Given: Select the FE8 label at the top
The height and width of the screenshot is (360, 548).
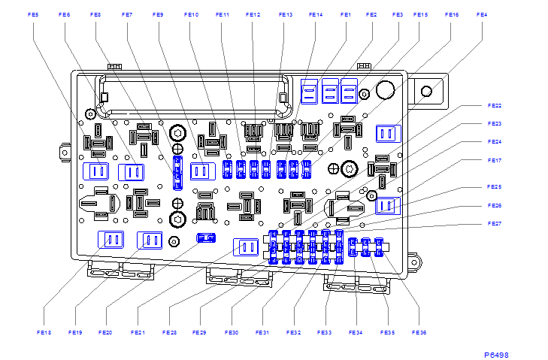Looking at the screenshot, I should coord(95,14).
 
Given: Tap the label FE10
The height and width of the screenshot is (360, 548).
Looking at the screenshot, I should coord(191,14).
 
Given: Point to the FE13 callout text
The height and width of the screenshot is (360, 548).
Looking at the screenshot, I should coord(285,14).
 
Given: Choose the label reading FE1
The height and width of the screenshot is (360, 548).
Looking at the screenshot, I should coord(345,14).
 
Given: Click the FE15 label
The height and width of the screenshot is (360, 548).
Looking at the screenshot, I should coord(420,14).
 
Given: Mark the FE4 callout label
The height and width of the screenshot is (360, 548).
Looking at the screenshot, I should coord(481,14).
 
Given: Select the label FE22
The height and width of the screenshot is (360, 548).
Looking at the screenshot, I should coord(494,105).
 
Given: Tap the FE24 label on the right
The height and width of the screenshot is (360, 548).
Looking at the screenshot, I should coord(494,141).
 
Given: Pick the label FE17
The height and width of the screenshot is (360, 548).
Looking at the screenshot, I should coord(494,160).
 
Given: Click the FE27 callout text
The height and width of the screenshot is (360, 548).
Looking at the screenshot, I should coord(494,224).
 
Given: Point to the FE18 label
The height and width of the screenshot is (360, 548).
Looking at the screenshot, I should coord(43,332).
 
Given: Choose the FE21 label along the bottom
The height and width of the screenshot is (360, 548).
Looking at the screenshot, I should coord(137,332).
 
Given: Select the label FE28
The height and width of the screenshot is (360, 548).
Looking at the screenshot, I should coord(168,332).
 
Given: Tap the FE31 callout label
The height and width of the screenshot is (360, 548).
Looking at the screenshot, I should coord(262,332).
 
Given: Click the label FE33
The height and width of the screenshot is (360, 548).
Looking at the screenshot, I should coord(324,332).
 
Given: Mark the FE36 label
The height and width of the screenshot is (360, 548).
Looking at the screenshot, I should coord(419,332).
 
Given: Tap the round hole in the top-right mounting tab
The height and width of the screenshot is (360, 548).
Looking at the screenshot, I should coord(427,92).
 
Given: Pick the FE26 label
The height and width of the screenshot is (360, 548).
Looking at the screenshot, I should coord(494,205).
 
